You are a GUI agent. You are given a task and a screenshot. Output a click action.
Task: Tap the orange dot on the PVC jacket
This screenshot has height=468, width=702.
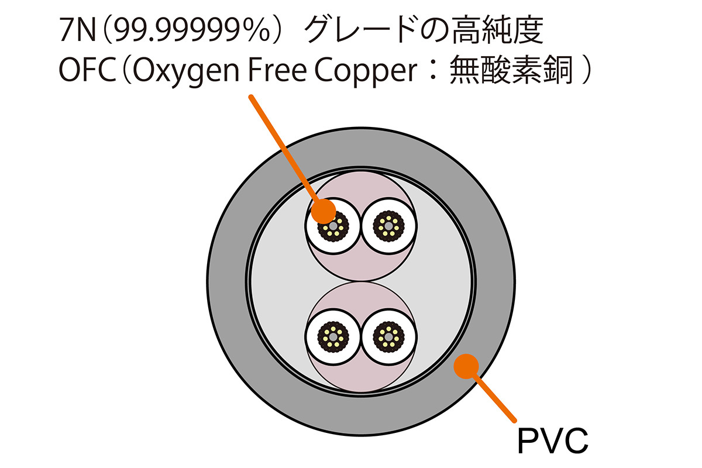coord(466,366)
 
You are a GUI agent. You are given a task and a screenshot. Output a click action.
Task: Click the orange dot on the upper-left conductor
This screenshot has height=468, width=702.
coord(324,211)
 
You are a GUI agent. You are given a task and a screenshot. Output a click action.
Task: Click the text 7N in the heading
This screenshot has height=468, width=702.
coord(74,32)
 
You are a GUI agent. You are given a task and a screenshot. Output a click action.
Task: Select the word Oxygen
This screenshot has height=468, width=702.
coord(191,74)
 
